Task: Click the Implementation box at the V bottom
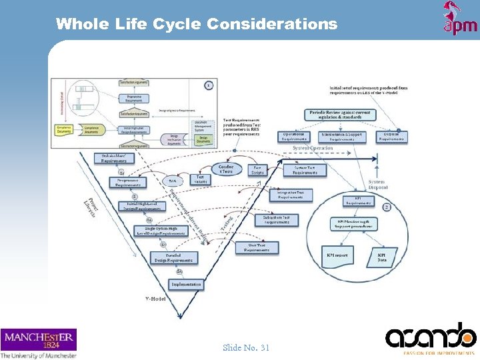[x=186, y=284]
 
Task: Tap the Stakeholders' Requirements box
[x=114, y=158]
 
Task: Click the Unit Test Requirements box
[x=257, y=247]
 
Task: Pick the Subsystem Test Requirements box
[x=276, y=219]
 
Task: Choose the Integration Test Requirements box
[x=290, y=194]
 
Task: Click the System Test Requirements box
[x=305, y=170]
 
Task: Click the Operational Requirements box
[x=294, y=137]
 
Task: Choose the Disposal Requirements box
[x=391, y=137]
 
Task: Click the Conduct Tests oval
[x=225, y=169]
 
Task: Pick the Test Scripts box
[x=257, y=170]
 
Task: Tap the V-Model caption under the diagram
[x=155, y=298]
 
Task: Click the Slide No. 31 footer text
[x=246, y=347]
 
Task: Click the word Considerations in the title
[x=272, y=24]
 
